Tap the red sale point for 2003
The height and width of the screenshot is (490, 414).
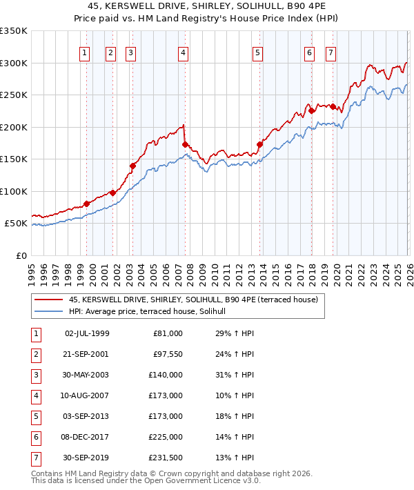132,166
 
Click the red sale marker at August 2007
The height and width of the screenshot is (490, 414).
184,144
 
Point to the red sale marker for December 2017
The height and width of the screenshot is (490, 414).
311,110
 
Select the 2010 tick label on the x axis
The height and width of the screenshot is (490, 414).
215,273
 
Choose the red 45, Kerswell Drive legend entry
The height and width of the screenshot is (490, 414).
193,300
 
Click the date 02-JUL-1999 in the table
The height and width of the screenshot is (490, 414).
86,333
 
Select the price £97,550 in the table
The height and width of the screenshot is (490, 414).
168,354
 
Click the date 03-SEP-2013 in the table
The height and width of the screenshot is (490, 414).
86,416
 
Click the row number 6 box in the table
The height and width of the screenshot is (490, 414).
34,437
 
